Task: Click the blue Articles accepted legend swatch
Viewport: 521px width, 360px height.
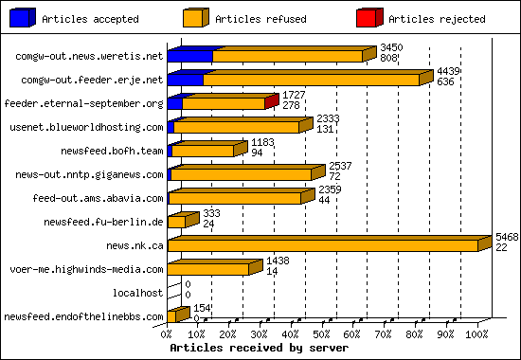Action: point(24,17)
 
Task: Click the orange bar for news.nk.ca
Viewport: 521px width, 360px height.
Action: point(322,245)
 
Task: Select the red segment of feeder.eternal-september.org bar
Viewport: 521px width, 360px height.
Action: point(271,102)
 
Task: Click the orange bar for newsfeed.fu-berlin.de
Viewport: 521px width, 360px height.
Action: point(177,222)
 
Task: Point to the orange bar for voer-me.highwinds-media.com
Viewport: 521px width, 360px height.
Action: point(208,269)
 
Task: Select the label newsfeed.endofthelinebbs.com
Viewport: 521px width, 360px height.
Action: point(83,316)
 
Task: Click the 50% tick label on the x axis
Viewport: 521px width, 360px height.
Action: point(322,334)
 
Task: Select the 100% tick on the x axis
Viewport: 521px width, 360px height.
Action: point(476,334)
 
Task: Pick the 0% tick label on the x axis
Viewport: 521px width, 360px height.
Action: point(168,334)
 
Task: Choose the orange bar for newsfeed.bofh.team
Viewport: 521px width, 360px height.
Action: point(203,151)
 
